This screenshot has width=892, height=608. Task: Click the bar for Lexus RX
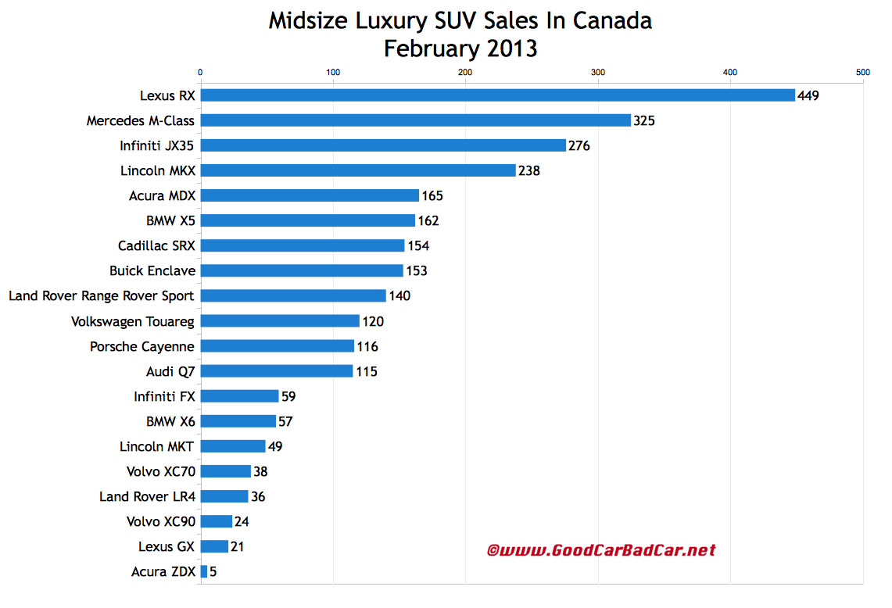(x=497, y=95)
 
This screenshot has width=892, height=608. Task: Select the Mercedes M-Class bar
(x=415, y=120)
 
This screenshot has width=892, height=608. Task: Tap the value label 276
(x=579, y=145)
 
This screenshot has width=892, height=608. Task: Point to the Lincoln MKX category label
(x=152, y=170)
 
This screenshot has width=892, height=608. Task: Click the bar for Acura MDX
(x=310, y=195)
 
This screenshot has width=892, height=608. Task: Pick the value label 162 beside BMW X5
(x=428, y=220)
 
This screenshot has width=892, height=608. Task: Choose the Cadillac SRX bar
(x=303, y=245)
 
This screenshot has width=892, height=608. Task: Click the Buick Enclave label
(x=152, y=270)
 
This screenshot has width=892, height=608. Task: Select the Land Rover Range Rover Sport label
(x=102, y=295)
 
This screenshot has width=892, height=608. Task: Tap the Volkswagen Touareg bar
(x=280, y=321)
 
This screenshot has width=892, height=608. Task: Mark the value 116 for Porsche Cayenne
(x=367, y=346)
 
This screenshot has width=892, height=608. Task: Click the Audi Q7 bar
(x=277, y=371)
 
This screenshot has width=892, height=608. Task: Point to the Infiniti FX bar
(x=240, y=396)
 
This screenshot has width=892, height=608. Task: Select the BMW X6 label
(x=170, y=421)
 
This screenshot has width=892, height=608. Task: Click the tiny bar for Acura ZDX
(x=204, y=572)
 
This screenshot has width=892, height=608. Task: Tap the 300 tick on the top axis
(x=598, y=73)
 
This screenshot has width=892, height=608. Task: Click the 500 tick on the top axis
(x=862, y=73)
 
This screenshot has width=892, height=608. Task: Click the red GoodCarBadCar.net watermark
(x=600, y=550)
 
